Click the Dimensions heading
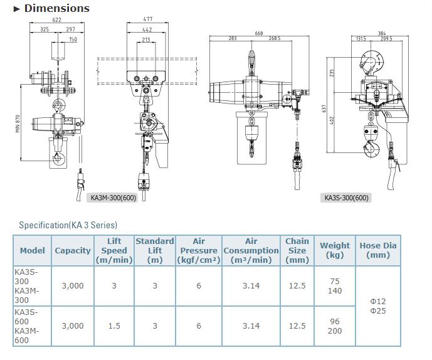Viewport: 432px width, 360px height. click(x=57, y=9)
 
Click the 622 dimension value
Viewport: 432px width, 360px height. click(x=57, y=21)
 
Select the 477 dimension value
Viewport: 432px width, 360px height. click(x=146, y=21)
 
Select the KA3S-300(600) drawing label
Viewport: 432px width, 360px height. click(x=347, y=198)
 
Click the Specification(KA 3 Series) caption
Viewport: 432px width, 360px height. click(x=68, y=225)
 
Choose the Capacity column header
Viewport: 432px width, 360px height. click(x=73, y=250)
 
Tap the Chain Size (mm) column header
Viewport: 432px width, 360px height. click(x=297, y=250)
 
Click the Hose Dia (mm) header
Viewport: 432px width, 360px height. click(x=378, y=250)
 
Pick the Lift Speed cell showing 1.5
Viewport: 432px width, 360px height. click(x=114, y=326)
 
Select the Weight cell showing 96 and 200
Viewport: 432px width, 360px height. click(x=335, y=326)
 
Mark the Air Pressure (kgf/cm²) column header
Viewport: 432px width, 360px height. click(x=199, y=250)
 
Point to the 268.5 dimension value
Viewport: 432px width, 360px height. click(x=273, y=39)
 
